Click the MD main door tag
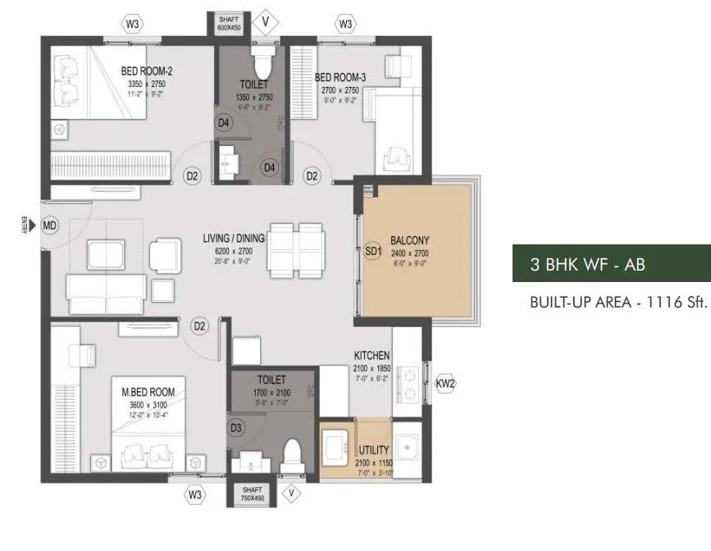click(x=50, y=225)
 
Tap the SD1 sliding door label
click(x=374, y=253)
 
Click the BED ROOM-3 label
click(x=341, y=77)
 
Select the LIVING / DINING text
click(x=234, y=239)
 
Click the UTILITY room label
click(x=373, y=451)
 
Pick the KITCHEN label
click(x=371, y=355)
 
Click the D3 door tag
click(x=236, y=428)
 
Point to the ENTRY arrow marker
click(x=27, y=225)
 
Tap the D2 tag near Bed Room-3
click(x=312, y=175)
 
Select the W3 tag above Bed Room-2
click(x=132, y=24)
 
